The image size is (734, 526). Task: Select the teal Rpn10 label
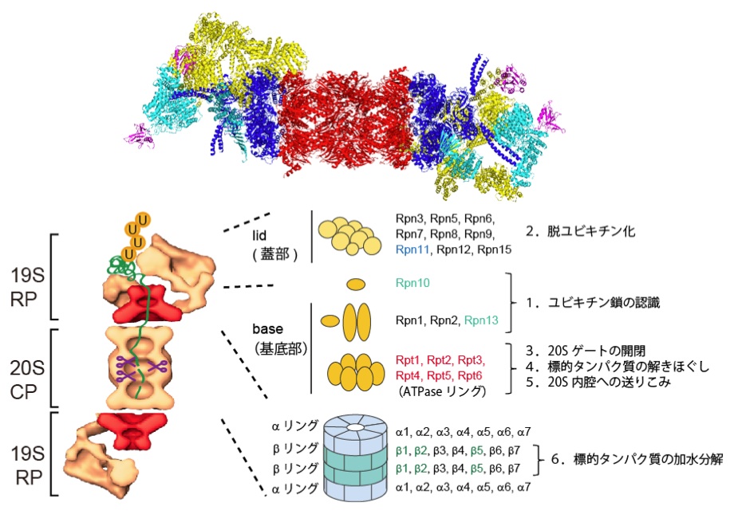point(413,282)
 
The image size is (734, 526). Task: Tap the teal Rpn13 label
point(480,320)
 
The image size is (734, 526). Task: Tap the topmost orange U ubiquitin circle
point(144,219)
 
